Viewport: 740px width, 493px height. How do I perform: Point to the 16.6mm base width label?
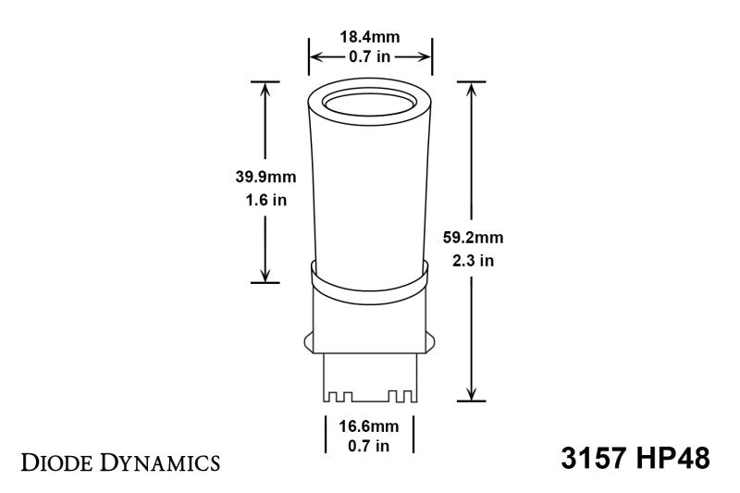point(369,427)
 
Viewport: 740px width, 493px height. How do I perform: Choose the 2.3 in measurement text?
point(474,260)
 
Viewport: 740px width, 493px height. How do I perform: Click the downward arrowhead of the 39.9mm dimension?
point(265,275)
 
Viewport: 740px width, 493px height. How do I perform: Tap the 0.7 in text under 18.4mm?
point(369,57)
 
